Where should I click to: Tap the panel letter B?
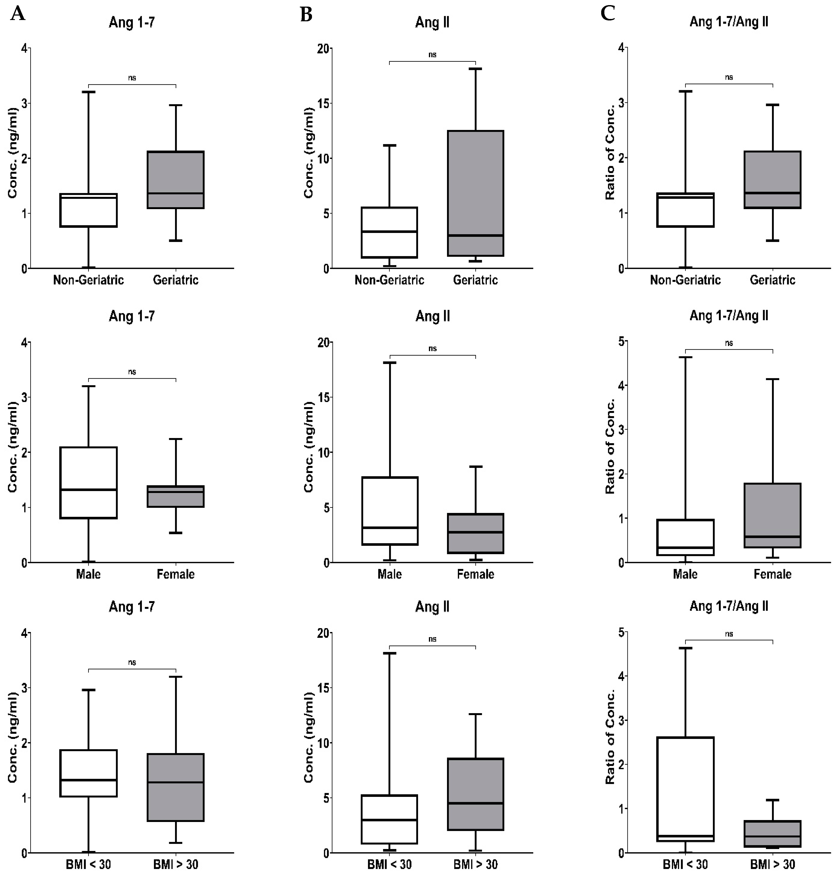[306, 15]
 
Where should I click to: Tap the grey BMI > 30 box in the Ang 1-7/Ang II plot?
[772, 833]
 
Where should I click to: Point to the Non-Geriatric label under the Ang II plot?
[389, 280]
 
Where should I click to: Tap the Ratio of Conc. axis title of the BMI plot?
[610, 737]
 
